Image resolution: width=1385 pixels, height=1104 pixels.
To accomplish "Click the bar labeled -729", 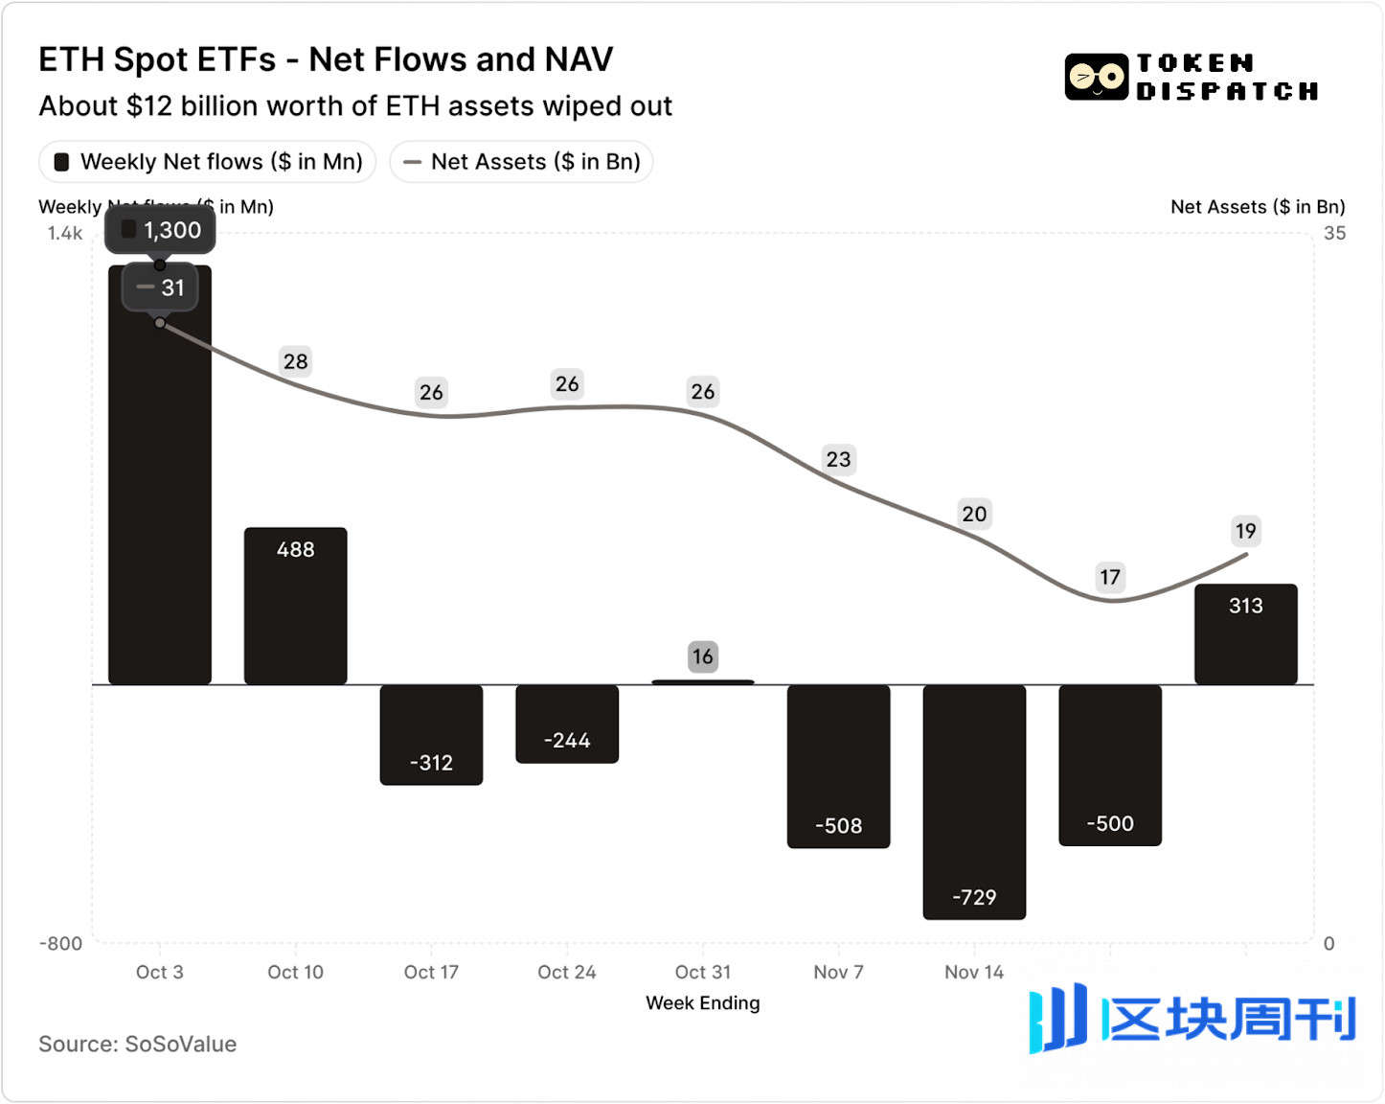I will tap(974, 801).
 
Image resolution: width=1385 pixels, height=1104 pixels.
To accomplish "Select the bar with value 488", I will tap(295, 606).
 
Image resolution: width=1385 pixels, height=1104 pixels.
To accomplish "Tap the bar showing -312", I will tap(431, 734).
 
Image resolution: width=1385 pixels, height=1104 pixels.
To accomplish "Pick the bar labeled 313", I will tap(1245, 633).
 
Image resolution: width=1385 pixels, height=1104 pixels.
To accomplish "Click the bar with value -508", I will tap(838, 766).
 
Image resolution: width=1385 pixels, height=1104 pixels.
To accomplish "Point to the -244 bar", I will tap(567, 724).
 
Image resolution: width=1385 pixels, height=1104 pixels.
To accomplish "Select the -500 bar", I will tap(1109, 765).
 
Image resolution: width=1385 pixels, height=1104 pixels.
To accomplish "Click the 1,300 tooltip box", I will tap(161, 230).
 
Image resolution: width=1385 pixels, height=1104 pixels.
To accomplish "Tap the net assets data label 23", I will tap(838, 460).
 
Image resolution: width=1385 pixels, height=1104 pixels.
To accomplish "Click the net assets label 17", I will tap(1109, 577).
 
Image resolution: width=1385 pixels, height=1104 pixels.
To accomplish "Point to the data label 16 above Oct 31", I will tap(702, 656).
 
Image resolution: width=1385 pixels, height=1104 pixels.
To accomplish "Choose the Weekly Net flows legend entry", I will tap(208, 162).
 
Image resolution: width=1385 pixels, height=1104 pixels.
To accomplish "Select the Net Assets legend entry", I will tap(521, 162).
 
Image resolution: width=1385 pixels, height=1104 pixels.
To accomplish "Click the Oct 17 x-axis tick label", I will tap(431, 972).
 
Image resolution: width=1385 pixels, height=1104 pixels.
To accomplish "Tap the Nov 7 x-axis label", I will tap(838, 972).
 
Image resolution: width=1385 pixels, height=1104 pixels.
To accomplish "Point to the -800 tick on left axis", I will tap(60, 943).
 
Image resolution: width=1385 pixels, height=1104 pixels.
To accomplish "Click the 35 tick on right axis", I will tap(1334, 233).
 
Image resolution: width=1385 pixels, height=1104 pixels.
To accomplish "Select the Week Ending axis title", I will tap(702, 1002).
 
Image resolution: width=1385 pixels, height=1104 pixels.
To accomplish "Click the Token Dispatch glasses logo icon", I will tap(1096, 77).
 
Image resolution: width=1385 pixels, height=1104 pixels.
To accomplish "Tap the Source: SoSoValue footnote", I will tap(137, 1044).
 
